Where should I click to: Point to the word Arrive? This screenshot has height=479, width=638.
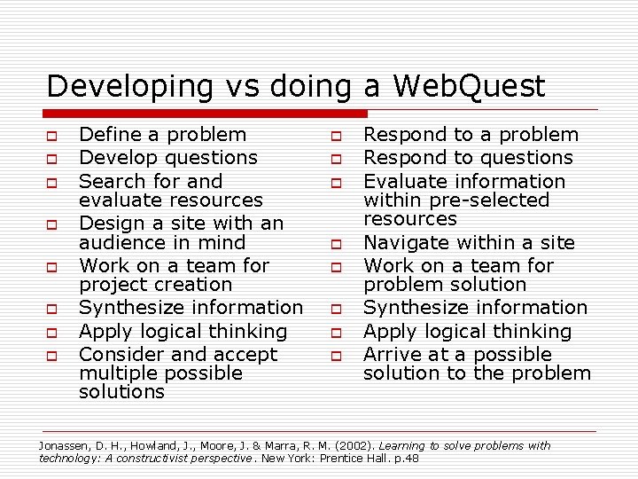click(x=390, y=355)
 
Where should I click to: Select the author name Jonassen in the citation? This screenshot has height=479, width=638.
click(x=61, y=446)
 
